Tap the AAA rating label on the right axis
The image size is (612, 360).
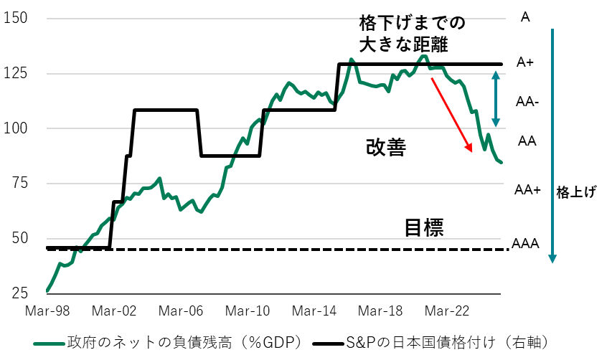(525, 244)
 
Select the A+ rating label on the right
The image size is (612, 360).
(525, 63)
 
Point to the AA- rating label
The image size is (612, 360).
(527, 103)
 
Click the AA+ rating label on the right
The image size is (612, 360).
(527, 189)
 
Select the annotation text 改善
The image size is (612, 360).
(386, 148)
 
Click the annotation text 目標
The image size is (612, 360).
(424, 228)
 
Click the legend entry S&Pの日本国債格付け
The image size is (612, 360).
(440, 340)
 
